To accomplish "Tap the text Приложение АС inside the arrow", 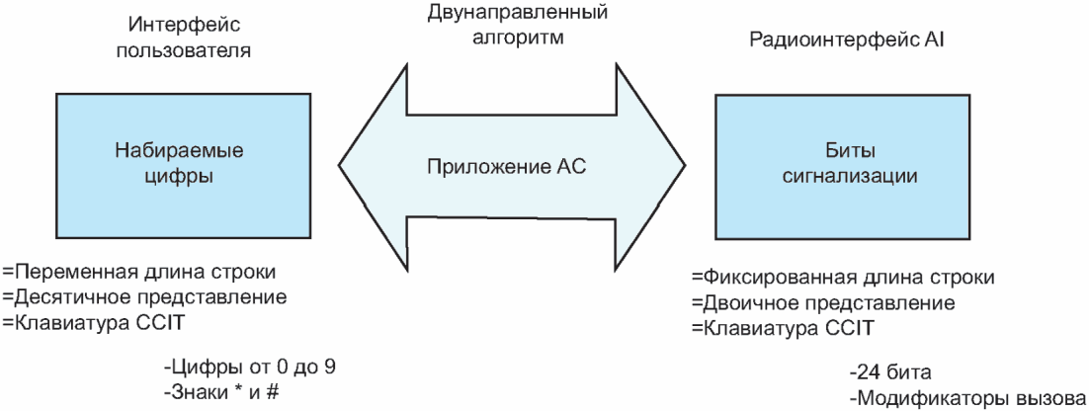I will (506, 167).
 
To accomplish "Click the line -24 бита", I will (888, 373).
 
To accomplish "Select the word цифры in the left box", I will (179, 177).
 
